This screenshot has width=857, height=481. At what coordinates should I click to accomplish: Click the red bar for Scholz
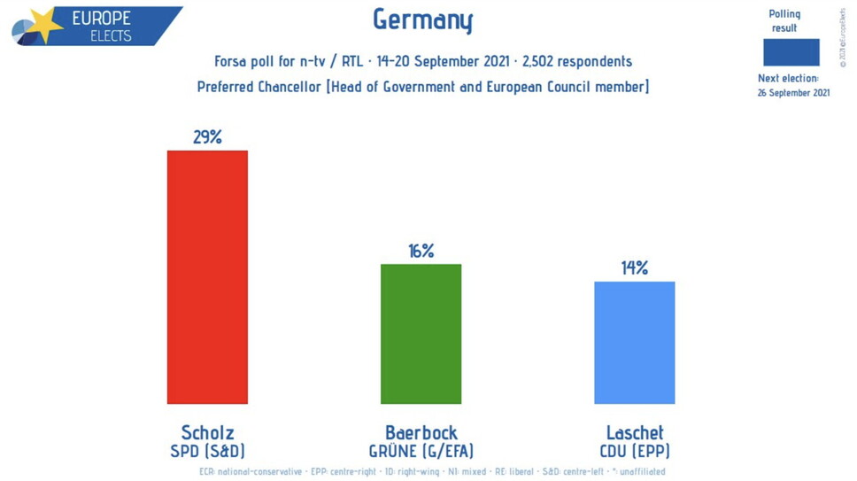[207, 276]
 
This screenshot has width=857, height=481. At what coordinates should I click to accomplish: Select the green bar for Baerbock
[421, 333]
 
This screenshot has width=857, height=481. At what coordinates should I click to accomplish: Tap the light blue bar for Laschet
[634, 342]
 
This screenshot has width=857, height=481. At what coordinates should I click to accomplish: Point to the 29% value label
[207, 137]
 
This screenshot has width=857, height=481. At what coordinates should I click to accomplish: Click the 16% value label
[421, 251]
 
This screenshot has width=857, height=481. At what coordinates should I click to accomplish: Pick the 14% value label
[634, 268]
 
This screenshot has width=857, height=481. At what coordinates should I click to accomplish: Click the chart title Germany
[422, 19]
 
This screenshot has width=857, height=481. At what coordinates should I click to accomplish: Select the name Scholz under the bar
[207, 432]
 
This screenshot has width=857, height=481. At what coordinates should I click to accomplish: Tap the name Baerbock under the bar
[421, 432]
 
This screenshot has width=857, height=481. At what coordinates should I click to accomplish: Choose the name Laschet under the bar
[634, 432]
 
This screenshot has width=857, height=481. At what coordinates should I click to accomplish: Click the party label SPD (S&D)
[207, 450]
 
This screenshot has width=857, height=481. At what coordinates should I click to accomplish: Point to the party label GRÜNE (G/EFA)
[421, 450]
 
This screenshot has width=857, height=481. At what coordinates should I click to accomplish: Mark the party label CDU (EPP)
[634, 450]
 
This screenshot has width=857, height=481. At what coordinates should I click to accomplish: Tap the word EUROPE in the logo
[102, 19]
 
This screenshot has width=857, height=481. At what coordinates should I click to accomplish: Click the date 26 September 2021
[793, 93]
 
